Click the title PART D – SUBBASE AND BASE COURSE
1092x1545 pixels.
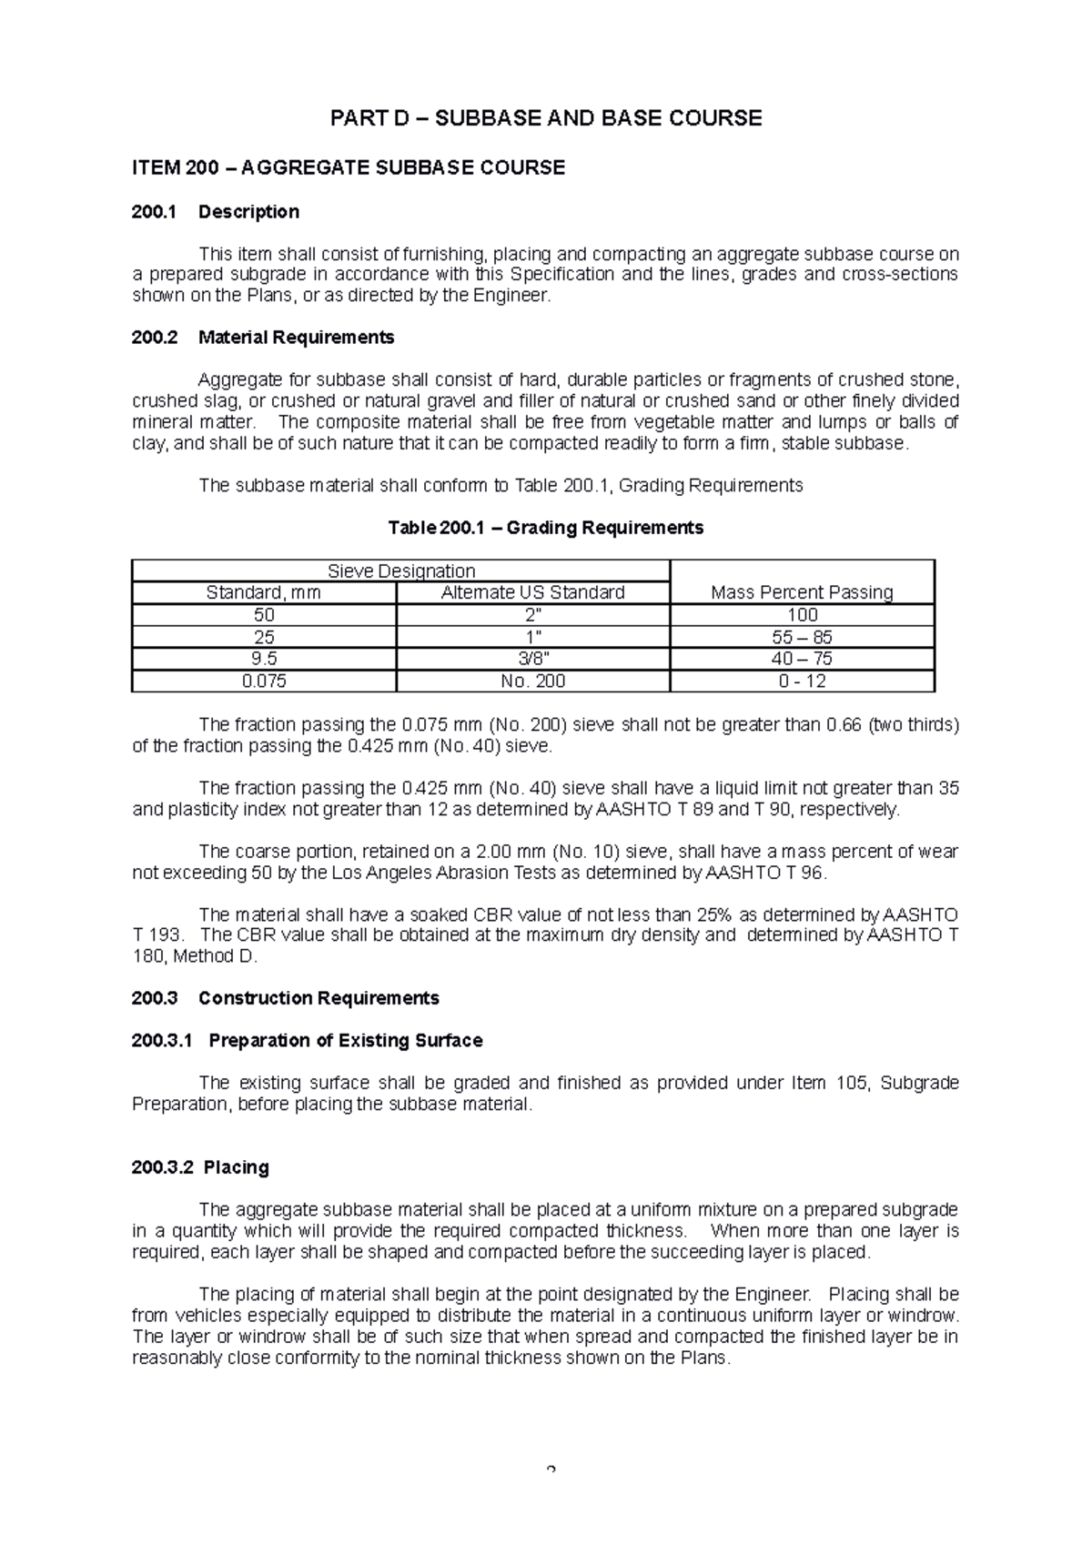pos(545,118)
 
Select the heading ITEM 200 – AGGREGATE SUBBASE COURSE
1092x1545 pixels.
pos(349,167)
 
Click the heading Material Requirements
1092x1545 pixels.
pos(296,338)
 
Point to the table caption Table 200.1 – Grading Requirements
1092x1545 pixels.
pos(545,528)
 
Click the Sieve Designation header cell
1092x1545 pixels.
pos(400,571)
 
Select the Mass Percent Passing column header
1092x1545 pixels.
pos(802,592)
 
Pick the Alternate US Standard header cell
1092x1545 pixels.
pos(532,592)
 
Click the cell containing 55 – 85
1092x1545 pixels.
pos(802,637)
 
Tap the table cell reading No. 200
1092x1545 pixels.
pos(532,682)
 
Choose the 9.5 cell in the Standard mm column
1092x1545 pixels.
pos(264,659)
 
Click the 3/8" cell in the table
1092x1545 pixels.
pos(532,659)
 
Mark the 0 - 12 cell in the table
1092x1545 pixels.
pos(802,682)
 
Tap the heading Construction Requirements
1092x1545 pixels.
pos(318,998)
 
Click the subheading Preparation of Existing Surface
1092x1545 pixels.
pos(345,1041)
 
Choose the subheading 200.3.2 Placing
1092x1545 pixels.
pos(200,1167)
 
